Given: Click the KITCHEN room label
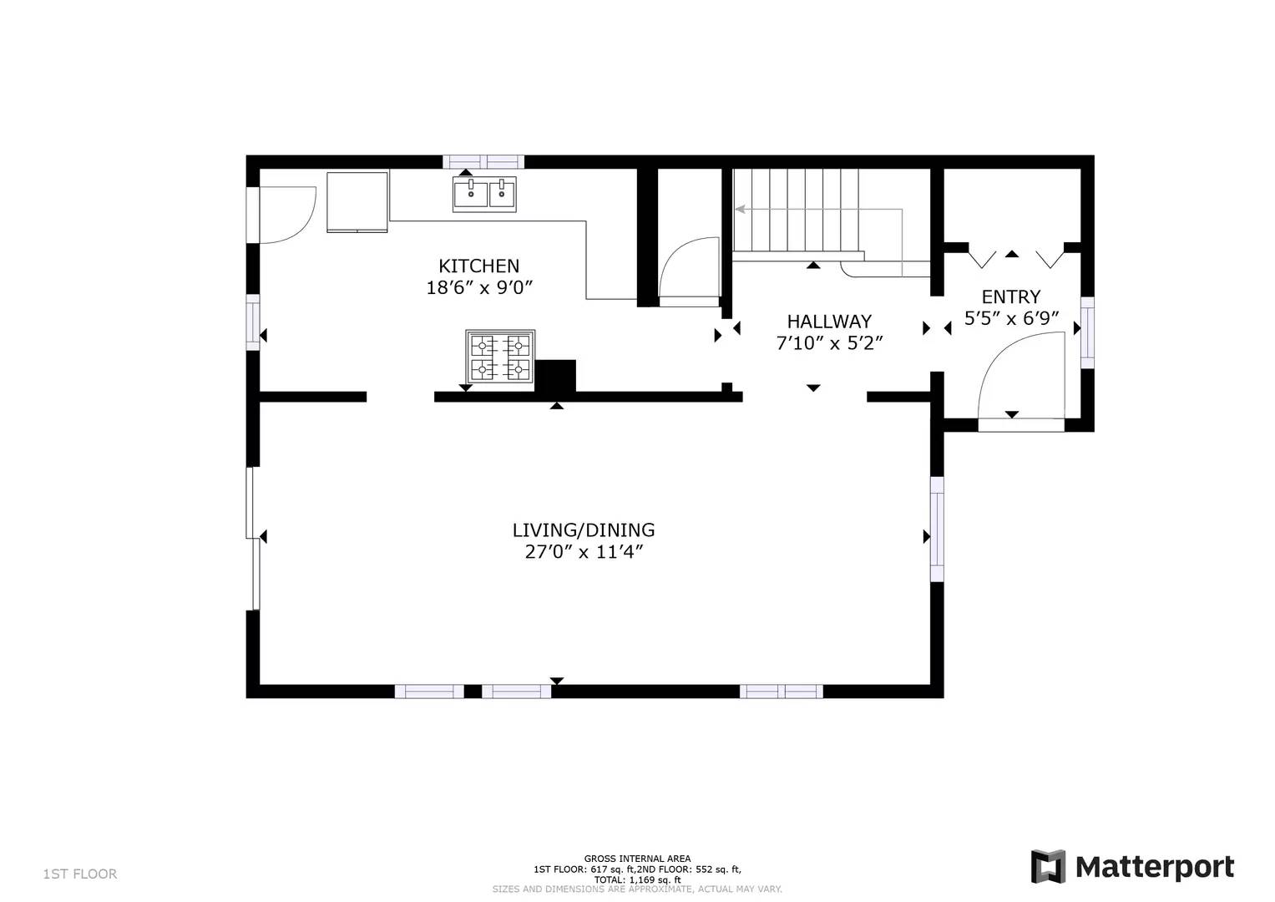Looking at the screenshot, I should (x=478, y=266).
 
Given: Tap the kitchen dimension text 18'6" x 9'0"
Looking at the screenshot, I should (x=478, y=288).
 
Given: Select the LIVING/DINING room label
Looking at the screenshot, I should (x=583, y=530).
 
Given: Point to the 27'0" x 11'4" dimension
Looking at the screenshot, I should (x=583, y=552).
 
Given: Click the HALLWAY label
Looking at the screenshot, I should (x=828, y=322).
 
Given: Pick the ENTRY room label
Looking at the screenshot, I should (x=1010, y=296).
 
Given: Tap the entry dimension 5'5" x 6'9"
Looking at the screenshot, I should (x=1011, y=318).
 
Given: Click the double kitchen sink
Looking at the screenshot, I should (x=484, y=194).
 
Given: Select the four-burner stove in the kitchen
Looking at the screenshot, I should (x=500, y=357).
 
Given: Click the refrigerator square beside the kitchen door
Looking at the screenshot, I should (x=357, y=201).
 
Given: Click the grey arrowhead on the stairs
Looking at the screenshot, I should (x=740, y=210).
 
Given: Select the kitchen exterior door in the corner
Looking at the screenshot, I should (x=286, y=215).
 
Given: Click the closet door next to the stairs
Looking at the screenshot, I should (x=689, y=267).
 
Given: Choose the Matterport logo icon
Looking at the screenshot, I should (x=1048, y=866).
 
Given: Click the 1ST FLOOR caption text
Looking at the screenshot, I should (x=80, y=874).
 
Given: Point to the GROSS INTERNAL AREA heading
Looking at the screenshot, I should (x=637, y=859).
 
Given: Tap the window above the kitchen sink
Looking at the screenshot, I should (x=483, y=162).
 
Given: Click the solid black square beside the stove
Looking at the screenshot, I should (x=555, y=375).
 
